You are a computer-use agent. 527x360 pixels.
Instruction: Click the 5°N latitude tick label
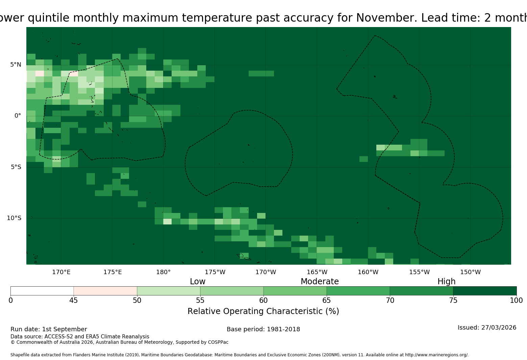click(16, 65)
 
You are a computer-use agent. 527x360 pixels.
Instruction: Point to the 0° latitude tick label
click(18, 116)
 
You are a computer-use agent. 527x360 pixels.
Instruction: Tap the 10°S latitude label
click(14, 218)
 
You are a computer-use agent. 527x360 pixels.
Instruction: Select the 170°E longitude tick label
click(61, 272)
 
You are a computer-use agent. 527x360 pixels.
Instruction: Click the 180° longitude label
click(163, 272)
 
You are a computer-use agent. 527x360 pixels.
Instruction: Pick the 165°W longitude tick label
click(317, 272)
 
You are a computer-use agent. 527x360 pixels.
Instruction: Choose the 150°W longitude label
click(470, 272)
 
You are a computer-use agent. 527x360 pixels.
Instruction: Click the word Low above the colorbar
click(198, 281)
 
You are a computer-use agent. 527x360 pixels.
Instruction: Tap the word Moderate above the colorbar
click(320, 281)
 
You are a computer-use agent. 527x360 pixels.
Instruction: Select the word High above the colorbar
click(447, 282)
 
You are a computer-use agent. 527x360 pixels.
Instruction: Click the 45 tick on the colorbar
click(74, 301)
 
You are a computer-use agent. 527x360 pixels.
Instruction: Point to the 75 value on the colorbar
click(453, 301)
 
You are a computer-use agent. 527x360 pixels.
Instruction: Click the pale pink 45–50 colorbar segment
click(105, 291)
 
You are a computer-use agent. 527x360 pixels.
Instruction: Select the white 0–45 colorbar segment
click(42, 291)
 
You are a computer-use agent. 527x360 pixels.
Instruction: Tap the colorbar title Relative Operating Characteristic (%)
click(263, 311)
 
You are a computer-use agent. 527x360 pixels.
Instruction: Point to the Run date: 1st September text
click(49, 329)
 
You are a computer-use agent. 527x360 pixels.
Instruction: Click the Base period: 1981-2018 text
click(263, 329)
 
